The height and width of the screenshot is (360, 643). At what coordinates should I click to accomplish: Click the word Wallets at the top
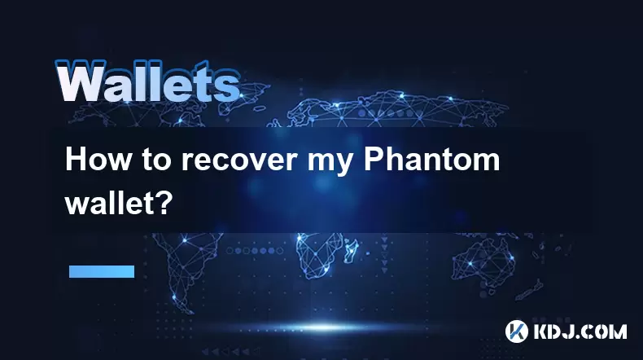pos(147,81)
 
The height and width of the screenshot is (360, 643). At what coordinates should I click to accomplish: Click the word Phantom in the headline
pos(432,160)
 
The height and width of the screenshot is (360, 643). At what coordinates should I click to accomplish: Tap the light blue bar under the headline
pos(102,271)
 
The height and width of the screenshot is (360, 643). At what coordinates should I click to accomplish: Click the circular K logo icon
pos(517,331)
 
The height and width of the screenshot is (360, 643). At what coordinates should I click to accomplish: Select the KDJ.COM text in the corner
pos(580,331)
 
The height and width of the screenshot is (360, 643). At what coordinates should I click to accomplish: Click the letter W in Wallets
pos(81,81)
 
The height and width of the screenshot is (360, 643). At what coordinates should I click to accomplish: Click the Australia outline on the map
pos(483,260)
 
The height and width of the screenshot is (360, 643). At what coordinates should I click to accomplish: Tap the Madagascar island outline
pos(351,251)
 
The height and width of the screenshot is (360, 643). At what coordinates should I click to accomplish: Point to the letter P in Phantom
pos(372,160)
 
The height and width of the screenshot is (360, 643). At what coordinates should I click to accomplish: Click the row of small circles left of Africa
pos(254,250)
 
